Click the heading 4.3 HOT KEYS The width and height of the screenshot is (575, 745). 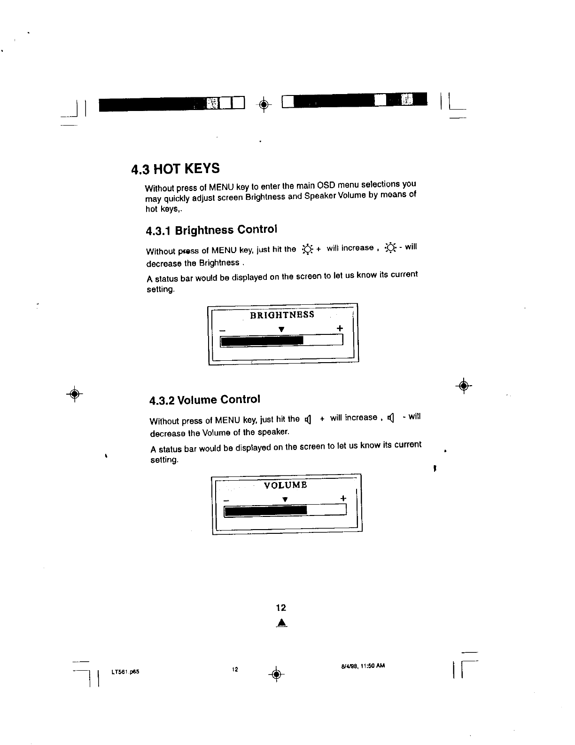[175, 168]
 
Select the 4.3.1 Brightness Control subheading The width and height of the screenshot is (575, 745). [211, 230]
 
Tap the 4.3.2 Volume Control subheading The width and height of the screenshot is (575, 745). [204, 400]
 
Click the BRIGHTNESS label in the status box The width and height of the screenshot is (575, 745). [282, 315]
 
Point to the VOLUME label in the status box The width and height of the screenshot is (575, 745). [286, 485]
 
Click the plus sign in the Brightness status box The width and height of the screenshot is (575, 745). [340, 328]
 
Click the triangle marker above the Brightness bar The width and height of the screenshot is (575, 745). [280, 329]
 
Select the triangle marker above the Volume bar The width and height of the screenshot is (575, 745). [285, 499]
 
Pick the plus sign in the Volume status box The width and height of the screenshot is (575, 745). [343, 498]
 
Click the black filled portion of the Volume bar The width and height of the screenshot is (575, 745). [266, 510]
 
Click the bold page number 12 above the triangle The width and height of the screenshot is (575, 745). [281, 608]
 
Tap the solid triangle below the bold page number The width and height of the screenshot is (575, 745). [281, 623]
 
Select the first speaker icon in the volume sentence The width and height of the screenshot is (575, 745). [308, 419]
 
